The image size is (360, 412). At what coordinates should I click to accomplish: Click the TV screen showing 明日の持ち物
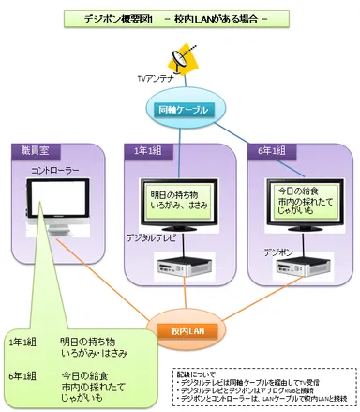pyautogui.click(x=180, y=200)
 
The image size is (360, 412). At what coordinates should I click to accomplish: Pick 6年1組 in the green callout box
pyautogui.click(x=22, y=376)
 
